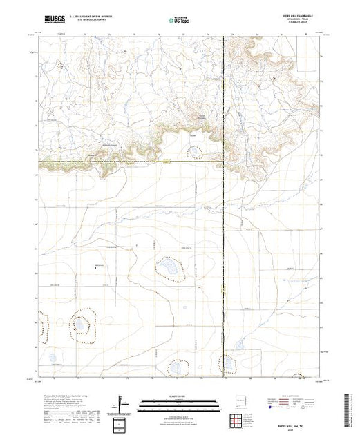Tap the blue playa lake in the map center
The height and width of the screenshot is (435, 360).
click(169, 268)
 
